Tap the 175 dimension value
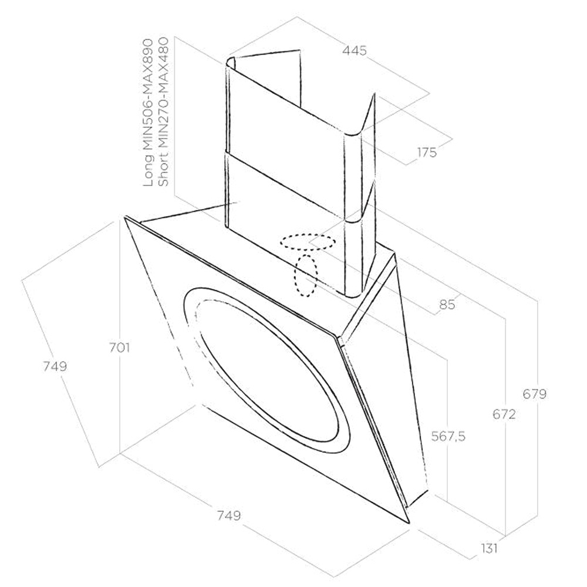(427, 153)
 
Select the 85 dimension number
(447, 305)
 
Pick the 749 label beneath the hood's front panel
(228, 516)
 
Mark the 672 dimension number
(504, 415)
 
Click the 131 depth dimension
(488, 548)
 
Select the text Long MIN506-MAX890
(148, 113)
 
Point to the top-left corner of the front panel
(126, 218)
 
